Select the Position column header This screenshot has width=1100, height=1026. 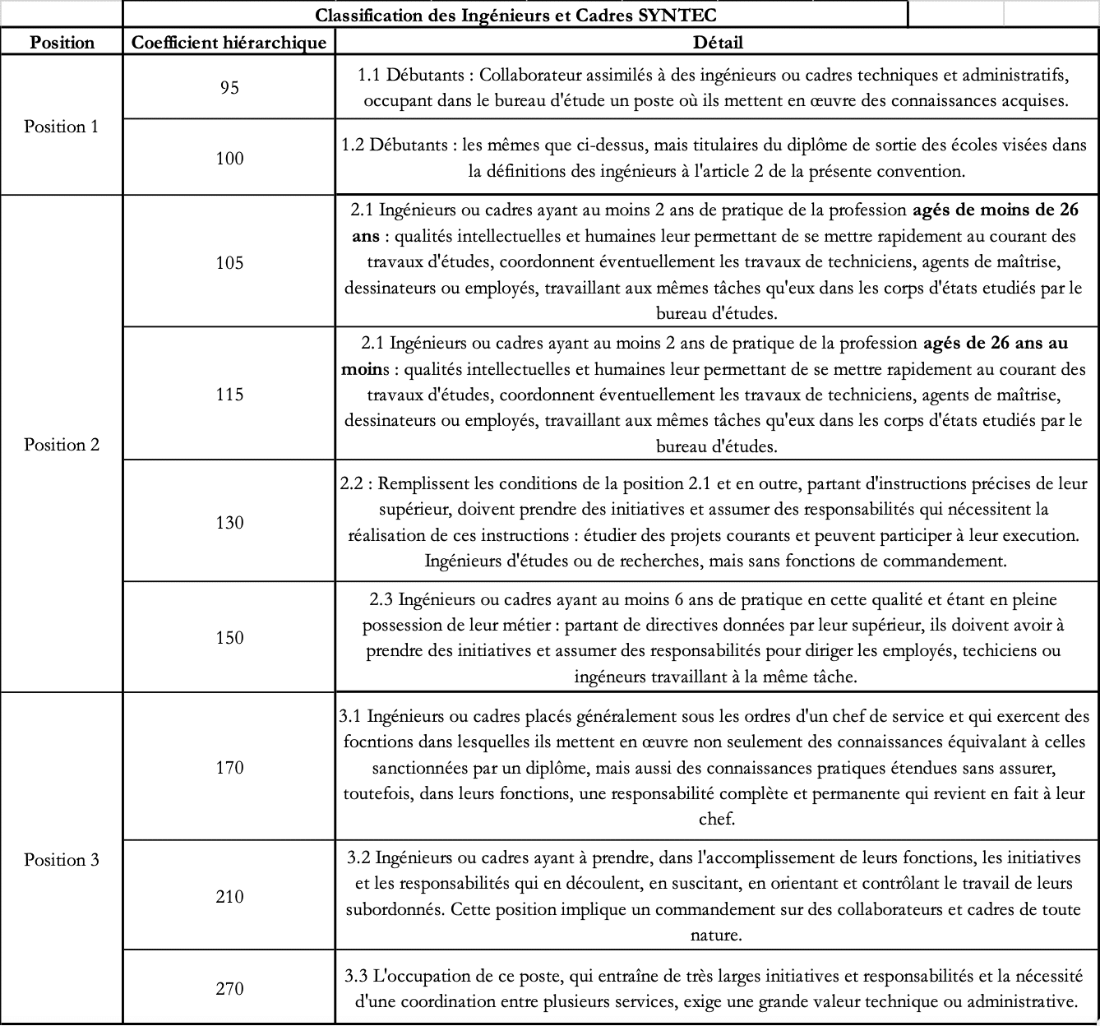(x=62, y=43)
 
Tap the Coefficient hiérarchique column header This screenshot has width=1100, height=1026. (x=229, y=43)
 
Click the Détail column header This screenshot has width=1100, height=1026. (x=718, y=43)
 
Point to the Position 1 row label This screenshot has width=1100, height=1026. (x=62, y=127)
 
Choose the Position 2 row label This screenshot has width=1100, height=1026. (x=62, y=445)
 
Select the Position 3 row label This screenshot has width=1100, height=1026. (x=62, y=860)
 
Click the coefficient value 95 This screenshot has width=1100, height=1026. (x=229, y=88)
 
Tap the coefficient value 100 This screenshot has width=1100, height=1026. (x=229, y=159)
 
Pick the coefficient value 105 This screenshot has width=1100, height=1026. (x=229, y=263)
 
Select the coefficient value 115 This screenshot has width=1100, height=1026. (x=229, y=395)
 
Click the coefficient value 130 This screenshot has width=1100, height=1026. (x=229, y=523)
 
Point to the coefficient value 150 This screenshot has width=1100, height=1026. (x=229, y=638)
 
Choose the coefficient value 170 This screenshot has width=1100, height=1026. (x=229, y=768)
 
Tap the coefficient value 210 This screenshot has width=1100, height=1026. (x=229, y=897)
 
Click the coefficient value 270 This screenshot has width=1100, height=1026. (x=229, y=989)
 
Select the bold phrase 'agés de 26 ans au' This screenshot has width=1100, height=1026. (x=996, y=343)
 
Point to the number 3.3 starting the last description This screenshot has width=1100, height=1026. (x=356, y=977)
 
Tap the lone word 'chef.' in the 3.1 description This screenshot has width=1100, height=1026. (x=717, y=820)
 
